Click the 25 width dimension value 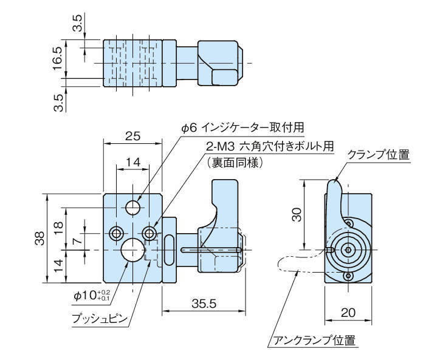point(132,137)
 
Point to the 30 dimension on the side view point(296,214)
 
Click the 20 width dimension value point(347,312)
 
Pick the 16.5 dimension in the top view point(58,59)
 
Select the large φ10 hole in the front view point(131,249)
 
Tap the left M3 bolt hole point(115,232)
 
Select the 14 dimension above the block point(132,161)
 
